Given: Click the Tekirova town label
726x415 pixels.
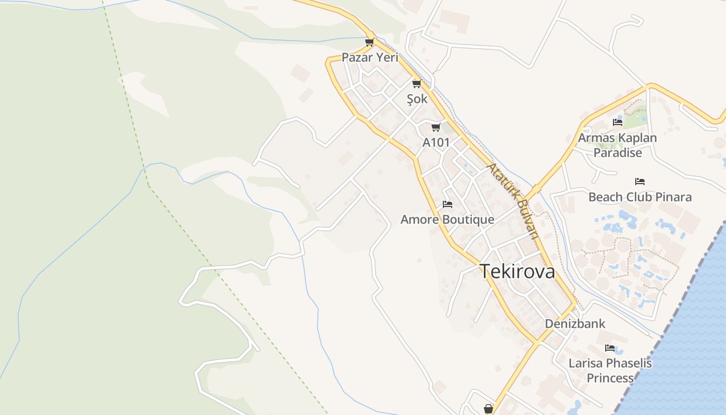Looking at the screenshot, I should pos(517,271).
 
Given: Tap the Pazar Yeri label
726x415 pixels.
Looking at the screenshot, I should pos(370,58).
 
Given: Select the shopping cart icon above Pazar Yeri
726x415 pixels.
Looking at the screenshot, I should pos(369,42).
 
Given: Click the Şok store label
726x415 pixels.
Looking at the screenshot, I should pos(417,99).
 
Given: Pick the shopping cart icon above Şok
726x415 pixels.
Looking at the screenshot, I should pos(416,84).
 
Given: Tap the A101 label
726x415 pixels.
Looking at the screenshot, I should pos(436,142).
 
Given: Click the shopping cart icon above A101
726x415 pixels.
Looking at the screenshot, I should pos(436,127).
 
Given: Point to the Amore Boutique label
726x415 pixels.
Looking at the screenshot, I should pos(447,219).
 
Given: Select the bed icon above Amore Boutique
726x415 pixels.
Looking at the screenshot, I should pos(448,204).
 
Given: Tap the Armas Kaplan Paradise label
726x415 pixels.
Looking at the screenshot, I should pos(617,145).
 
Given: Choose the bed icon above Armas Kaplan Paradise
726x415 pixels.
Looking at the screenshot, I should pos(617,122).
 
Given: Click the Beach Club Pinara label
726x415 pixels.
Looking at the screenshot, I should pos(640,197).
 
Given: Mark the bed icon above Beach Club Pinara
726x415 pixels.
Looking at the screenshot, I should pos(640,182).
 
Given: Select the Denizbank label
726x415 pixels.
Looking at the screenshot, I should pos(575,324).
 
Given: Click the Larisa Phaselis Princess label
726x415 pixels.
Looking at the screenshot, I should pos(610,370).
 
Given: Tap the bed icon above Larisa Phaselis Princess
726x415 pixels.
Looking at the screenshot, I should pos(610,348).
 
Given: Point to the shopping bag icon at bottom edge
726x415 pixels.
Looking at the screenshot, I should pos(488,409).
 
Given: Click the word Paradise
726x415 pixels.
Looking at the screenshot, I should pos(618,153).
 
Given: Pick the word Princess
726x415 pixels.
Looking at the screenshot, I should pos(610,378).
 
